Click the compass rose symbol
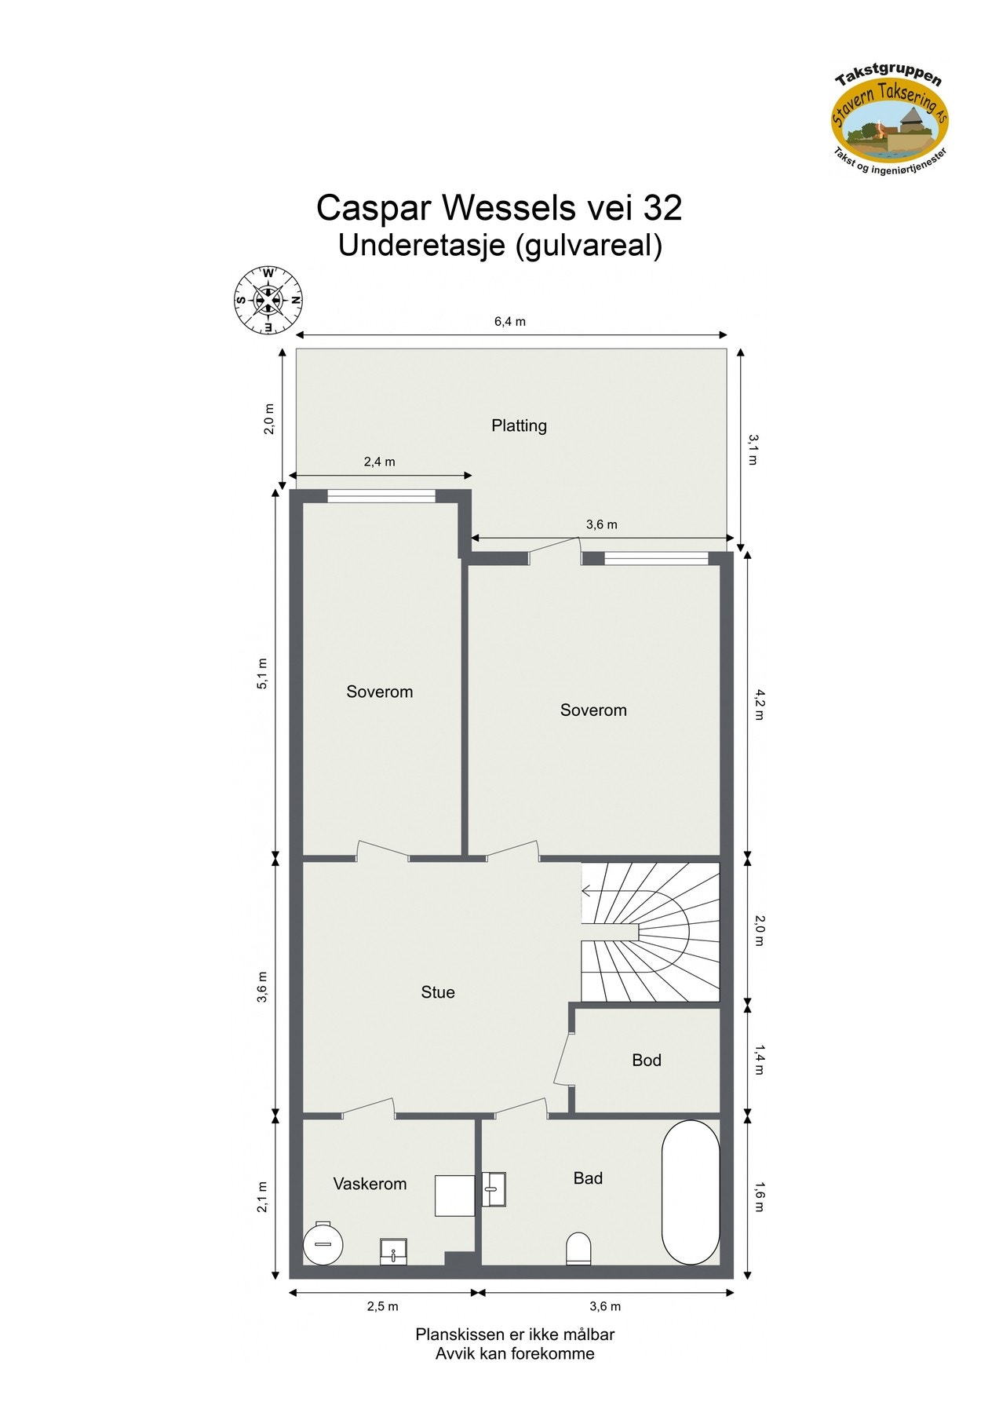pos(268,299)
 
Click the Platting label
pos(519,425)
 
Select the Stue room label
pos(438,992)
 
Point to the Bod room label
pos(647,1061)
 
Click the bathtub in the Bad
pos(691,1192)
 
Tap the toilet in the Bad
pos(578,1248)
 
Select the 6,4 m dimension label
pos(510,321)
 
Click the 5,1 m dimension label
pos(263,674)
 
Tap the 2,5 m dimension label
pos(383,1306)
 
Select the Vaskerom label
pos(370,1184)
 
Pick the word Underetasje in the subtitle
pos(421,246)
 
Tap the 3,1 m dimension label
pos(753,449)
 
